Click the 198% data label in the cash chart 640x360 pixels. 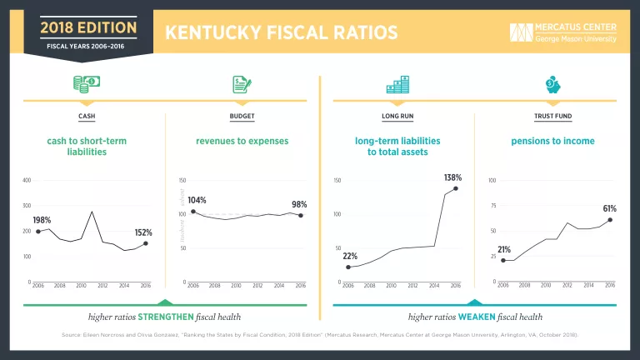(42, 220)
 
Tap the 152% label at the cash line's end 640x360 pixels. (143, 232)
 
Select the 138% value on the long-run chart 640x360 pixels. (452, 178)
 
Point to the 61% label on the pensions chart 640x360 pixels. (609, 208)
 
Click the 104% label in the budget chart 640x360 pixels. (197, 201)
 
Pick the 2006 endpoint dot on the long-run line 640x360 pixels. (348, 267)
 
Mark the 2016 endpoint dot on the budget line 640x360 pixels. (300, 216)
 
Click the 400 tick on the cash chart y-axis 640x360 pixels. (27, 181)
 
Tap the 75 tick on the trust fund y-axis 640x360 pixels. (492, 206)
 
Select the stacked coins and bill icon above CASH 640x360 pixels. (87, 84)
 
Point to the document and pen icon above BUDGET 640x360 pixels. (242, 84)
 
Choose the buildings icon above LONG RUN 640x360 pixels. (397, 84)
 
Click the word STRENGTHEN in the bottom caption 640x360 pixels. (162, 317)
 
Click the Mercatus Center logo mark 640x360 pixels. (521, 32)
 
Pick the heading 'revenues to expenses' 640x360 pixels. (242, 141)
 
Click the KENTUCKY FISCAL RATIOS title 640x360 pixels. (281, 32)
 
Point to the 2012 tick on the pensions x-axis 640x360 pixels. (567, 285)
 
